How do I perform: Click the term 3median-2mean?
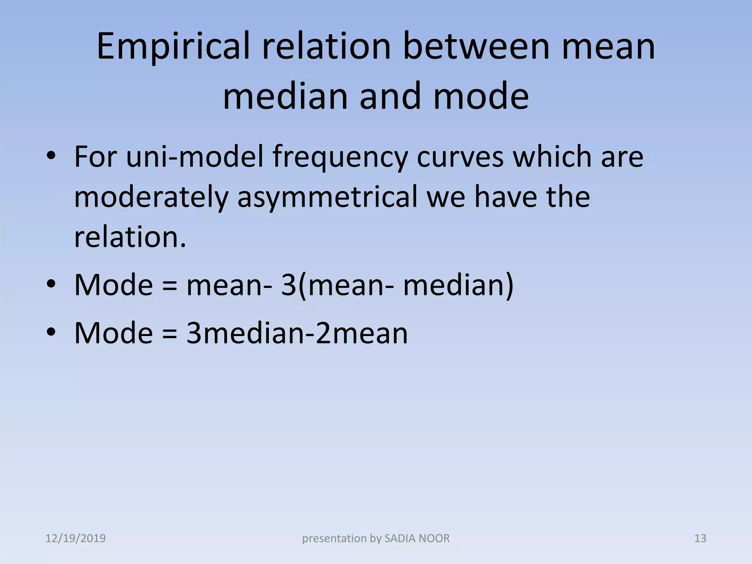[297, 333]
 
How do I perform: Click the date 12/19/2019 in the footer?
[76, 539]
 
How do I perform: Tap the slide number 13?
[700, 539]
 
